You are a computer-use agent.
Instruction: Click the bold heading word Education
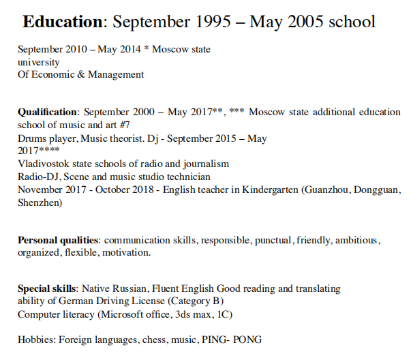62,21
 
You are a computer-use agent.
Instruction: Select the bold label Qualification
48,112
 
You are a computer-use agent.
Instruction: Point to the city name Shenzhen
39,202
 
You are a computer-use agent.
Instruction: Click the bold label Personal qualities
59,240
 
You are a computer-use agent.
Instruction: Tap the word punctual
274,240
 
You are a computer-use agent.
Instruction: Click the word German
80,301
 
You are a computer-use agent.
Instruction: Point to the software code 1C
225,314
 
